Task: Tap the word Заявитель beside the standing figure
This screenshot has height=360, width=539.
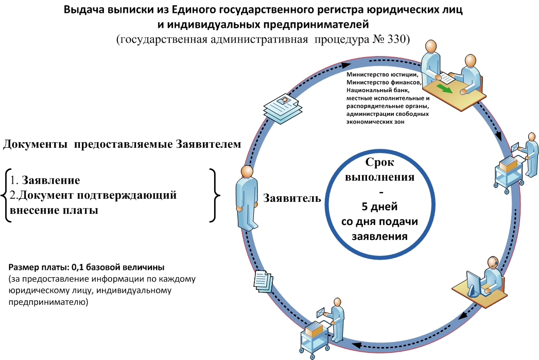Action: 292,198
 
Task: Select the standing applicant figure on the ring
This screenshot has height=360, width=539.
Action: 247,197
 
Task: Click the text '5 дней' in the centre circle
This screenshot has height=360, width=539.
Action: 379,207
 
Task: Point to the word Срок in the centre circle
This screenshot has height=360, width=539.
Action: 379,162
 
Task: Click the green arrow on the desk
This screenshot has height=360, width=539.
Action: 445,88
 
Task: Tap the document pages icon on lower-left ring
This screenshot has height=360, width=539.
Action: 263,281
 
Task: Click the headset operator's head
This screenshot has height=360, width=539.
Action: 493,262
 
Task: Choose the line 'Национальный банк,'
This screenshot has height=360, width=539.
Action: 378,91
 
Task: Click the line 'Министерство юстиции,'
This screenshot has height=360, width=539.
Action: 382,75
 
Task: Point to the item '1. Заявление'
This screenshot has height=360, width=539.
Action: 45,180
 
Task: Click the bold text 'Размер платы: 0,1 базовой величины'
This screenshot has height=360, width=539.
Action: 86,267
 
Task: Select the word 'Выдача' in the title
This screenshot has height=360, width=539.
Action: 84,10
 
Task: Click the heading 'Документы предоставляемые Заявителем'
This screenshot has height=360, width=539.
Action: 122,144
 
